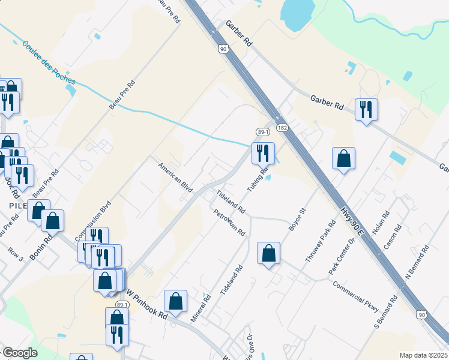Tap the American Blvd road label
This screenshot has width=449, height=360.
click(175, 177)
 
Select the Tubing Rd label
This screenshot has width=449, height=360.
click(257, 178)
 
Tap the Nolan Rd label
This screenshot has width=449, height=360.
click(381, 223)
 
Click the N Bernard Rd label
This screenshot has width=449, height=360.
click(418, 261)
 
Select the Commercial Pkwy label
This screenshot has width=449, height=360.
click(356, 297)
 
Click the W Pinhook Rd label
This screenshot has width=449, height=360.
click(146, 306)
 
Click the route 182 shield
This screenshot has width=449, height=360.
click(282, 128)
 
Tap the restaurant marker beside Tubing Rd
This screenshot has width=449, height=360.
click(263, 153)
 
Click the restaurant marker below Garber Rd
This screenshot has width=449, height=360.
click(366, 110)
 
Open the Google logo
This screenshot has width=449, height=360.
click(20, 353)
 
